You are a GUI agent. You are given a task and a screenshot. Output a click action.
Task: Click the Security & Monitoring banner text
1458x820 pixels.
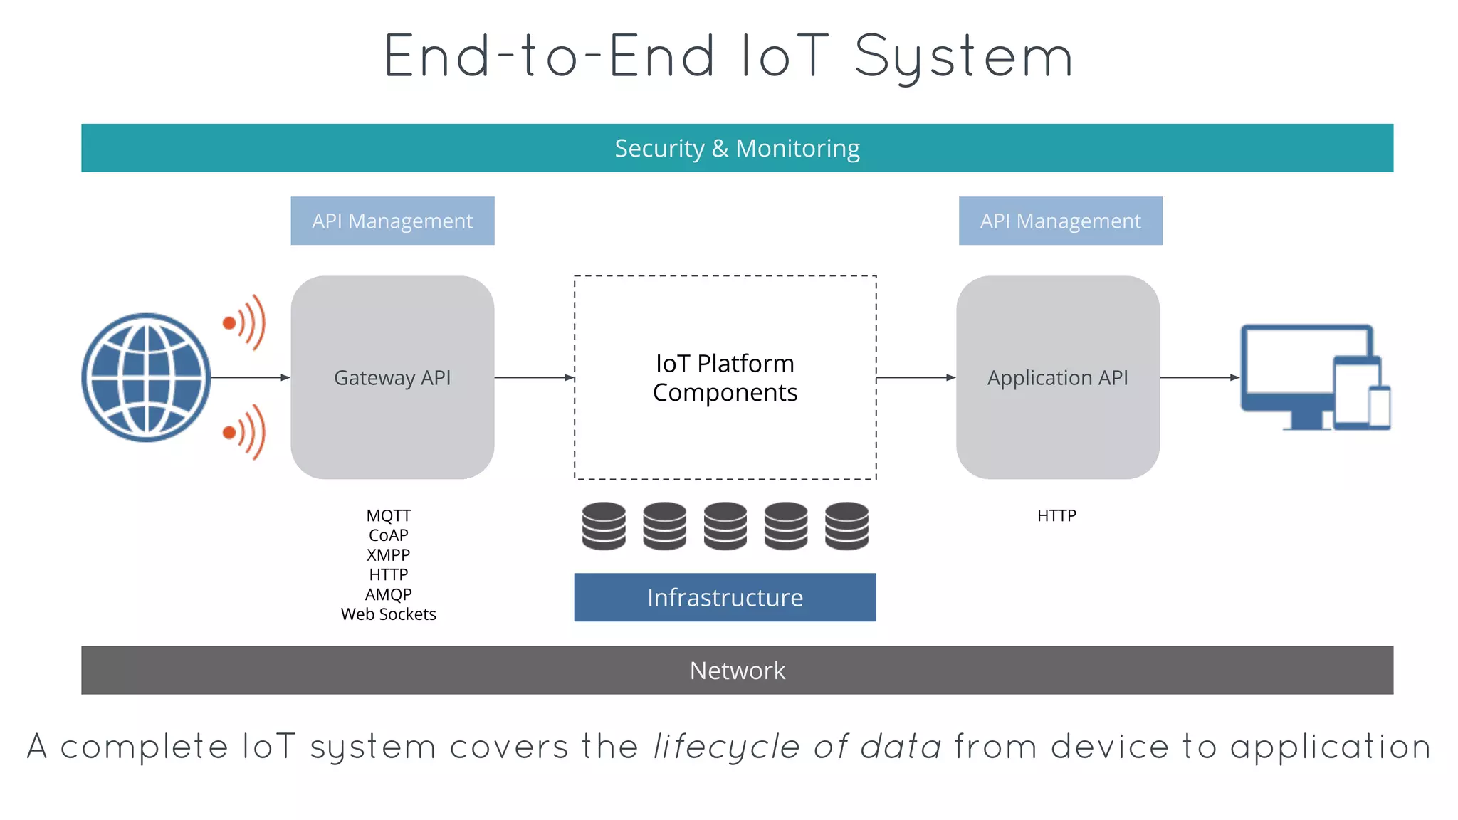point(737,148)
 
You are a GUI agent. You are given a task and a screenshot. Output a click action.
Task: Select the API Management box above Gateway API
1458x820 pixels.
point(392,221)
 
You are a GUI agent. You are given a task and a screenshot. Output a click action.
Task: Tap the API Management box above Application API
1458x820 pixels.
point(1060,221)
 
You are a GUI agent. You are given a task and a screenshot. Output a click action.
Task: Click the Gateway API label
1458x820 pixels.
point(392,377)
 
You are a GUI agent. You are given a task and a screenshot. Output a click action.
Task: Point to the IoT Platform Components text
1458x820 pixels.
point(725,378)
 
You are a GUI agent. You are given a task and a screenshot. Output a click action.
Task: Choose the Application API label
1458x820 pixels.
point(1057,377)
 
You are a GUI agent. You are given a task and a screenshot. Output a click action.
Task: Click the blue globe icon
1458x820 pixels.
point(146,377)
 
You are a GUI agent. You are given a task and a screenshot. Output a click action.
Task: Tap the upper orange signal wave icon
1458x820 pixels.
point(246,322)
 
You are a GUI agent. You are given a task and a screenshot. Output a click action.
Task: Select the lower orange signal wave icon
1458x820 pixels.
point(246,432)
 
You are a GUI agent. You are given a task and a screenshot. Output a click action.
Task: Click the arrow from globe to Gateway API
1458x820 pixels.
point(249,377)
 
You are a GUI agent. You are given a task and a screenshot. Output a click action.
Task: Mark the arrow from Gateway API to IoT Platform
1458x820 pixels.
point(534,377)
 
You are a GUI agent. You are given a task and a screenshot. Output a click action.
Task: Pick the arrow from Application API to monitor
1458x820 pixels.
point(1200,377)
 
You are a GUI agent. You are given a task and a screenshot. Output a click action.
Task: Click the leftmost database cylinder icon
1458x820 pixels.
point(604,526)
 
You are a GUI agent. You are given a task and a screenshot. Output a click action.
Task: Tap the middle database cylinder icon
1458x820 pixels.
point(725,526)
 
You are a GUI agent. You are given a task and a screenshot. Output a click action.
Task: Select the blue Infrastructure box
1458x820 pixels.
point(725,597)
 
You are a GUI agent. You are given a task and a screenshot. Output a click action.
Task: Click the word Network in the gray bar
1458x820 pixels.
point(737,671)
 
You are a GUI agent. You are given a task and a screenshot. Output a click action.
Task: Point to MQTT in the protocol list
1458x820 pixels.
point(388,515)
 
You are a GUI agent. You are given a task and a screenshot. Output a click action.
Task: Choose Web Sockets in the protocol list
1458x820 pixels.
point(388,614)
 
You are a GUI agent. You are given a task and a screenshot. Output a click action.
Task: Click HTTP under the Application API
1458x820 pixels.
point(1056,515)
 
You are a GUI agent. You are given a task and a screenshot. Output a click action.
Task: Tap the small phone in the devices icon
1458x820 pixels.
point(1380,407)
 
